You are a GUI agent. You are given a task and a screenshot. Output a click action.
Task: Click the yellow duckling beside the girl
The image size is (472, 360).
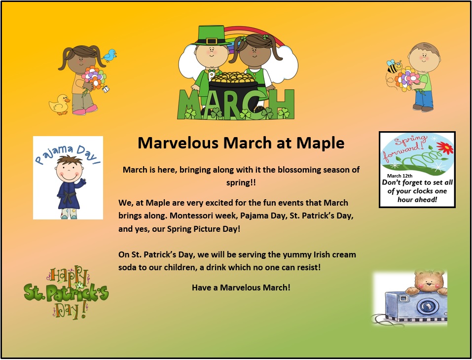click(x=59, y=105)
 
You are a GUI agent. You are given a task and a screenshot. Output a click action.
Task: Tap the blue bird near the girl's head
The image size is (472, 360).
click(x=109, y=55)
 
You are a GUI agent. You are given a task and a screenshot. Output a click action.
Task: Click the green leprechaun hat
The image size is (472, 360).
click(x=211, y=36)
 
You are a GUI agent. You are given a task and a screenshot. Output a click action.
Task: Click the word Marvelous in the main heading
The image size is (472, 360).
click(x=178, y=143)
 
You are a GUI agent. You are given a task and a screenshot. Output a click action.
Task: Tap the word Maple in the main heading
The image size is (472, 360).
click(x=320, y=143)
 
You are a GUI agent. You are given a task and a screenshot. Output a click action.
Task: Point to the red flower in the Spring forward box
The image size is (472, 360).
click(x=444, y=148)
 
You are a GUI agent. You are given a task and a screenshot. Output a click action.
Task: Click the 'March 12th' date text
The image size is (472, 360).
click(x=399, y=176)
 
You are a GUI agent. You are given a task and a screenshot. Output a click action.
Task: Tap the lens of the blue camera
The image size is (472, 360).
click(x=425, y=307)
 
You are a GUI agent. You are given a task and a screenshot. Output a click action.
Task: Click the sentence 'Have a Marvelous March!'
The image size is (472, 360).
click(x=241, y=288)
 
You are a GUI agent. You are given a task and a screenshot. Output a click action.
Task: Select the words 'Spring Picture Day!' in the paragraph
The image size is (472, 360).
click(x=204, y=229)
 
